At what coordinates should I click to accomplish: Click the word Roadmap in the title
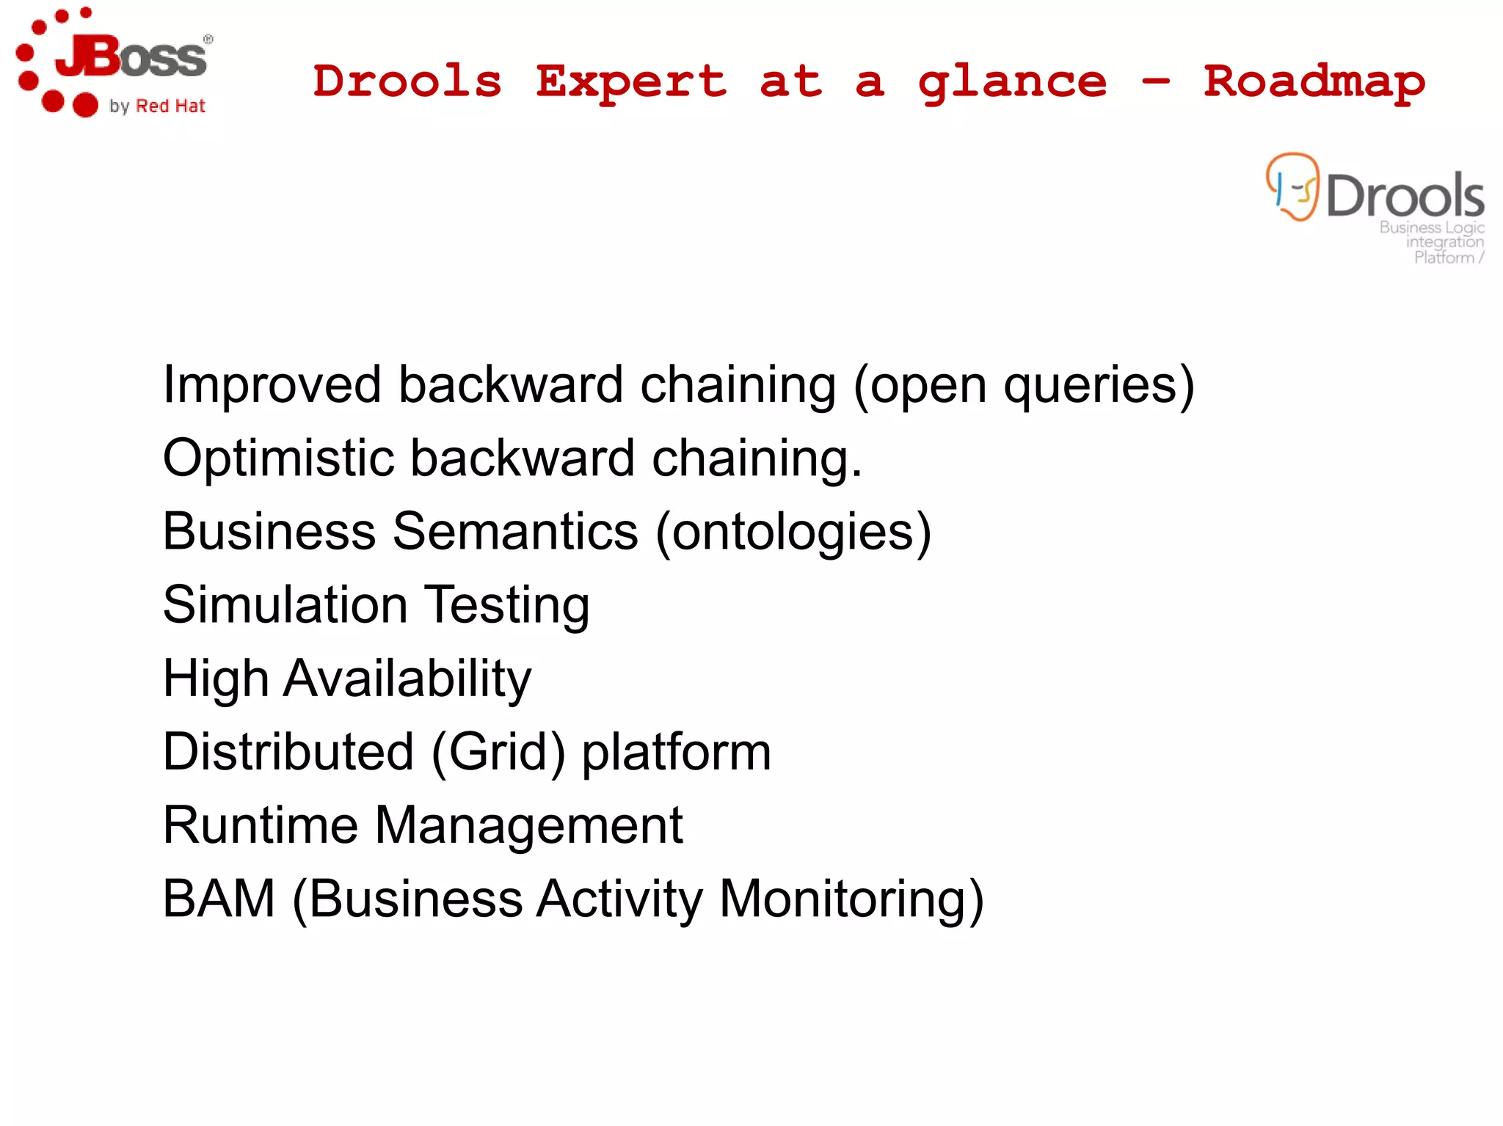(x=1314, y=82)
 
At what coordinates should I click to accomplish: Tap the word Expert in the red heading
(x=631, y=82)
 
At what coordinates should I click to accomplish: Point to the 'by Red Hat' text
(x=157, y=106)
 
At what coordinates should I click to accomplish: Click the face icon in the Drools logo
(x=1292, y=186)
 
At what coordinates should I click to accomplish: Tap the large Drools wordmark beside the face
(x=1405, y=196)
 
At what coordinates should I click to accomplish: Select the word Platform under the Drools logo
(x=1444, y=257)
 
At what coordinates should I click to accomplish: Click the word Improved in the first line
(x=272, y=385)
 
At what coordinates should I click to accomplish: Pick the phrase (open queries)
(x=1024, y=385)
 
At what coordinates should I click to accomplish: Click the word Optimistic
(x=279, y=458)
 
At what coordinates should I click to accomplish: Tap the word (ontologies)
(x=793, y=532)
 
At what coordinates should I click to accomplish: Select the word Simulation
(x=285, y=605)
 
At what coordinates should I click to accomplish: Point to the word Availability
(x=407, y=679)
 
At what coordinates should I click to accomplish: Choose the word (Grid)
(x=498, y=753)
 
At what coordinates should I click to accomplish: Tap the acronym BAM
(x=219, y=899)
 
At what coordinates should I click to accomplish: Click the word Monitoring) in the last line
(x=851, y=899)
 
